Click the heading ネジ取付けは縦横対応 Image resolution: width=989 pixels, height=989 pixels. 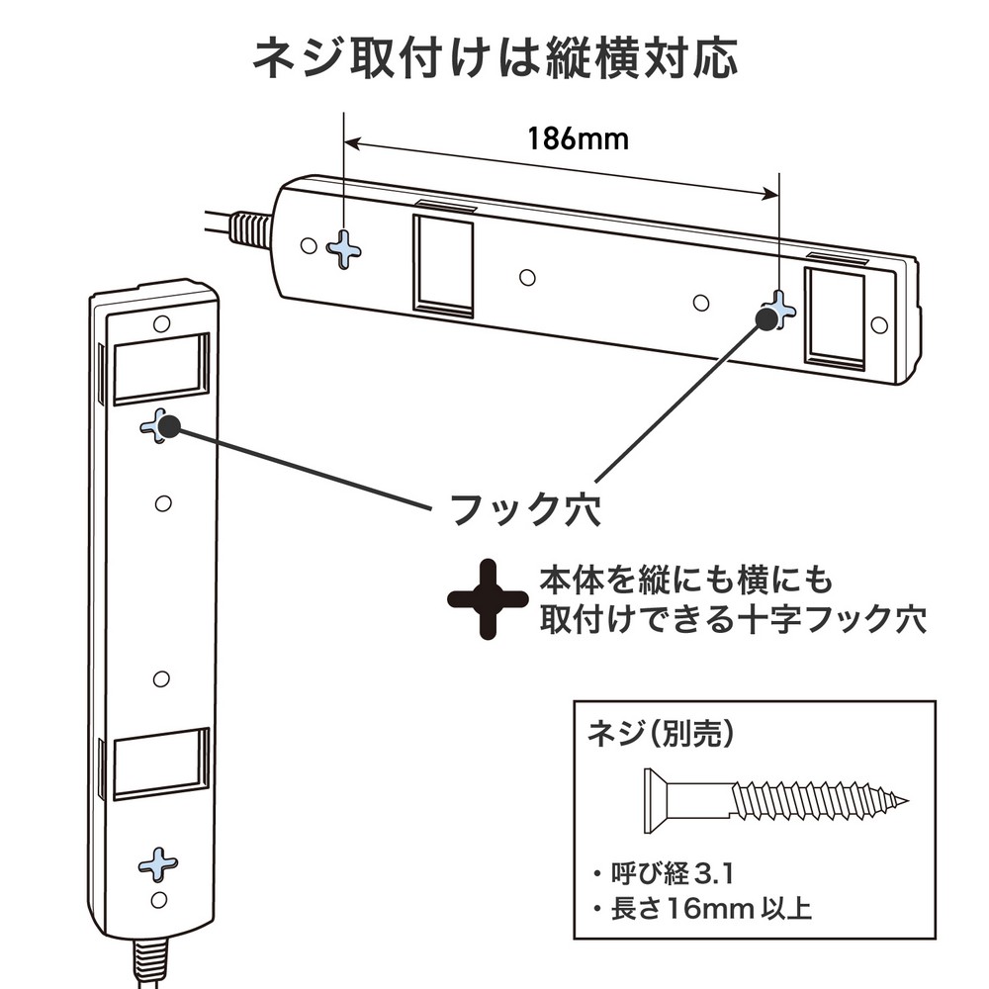494,59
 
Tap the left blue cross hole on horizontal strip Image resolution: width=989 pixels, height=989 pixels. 344,248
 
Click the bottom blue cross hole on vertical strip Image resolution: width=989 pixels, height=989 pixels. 157,863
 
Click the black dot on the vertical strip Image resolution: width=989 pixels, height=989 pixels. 168,426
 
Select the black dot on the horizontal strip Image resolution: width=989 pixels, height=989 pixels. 765,317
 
